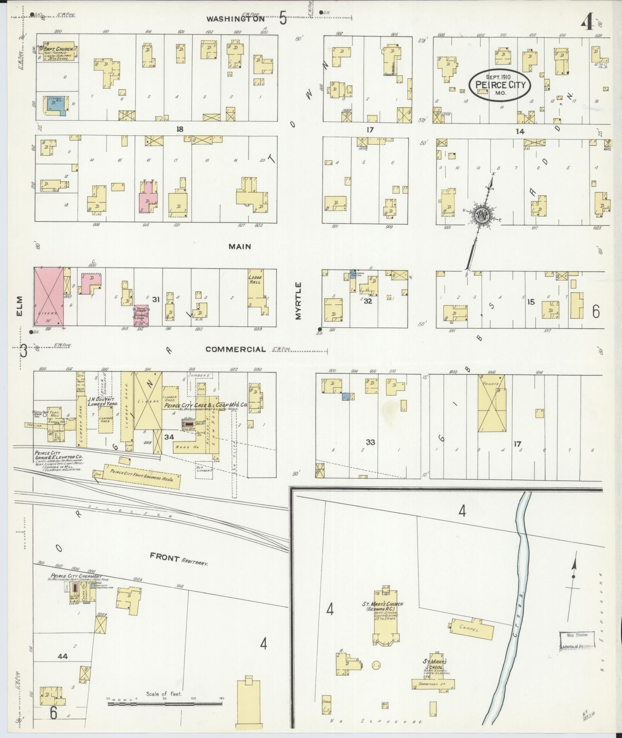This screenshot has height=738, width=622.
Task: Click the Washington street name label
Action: [x=235, y=18]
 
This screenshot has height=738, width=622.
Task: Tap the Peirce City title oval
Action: [x=500, y=85]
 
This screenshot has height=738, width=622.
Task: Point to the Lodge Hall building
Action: [x=255, y=287]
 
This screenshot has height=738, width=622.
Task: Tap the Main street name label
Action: [x=239, y=247]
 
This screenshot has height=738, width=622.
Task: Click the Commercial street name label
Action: [x=235, y=349]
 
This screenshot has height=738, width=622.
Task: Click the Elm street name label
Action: [x=20, y=305]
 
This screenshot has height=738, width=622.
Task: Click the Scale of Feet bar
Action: [x=165, y=704]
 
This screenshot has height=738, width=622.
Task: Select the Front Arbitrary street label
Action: [x=179, y=559]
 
